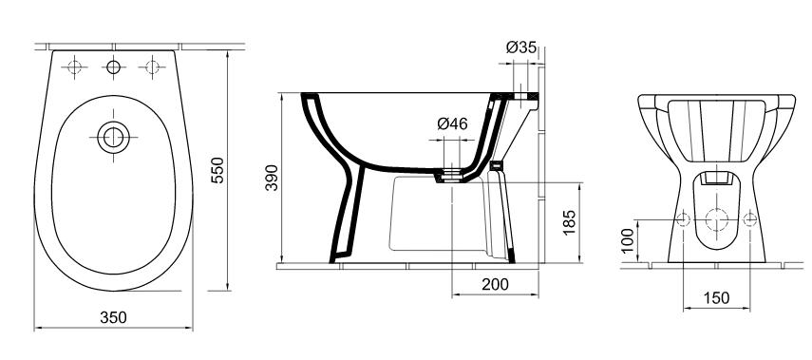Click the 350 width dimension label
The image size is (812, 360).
[113, 317]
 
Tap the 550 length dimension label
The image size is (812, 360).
[217, 170]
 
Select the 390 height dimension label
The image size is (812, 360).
[272, 178]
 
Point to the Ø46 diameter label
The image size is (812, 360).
[452, 123]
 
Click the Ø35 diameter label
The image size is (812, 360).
[521, 47]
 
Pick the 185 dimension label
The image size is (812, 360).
[569, 222]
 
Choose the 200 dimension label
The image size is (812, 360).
[495, 284]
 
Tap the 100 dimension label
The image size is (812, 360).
[627, 240]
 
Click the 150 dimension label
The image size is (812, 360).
[716, 298]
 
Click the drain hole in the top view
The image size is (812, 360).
[113, 138]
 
